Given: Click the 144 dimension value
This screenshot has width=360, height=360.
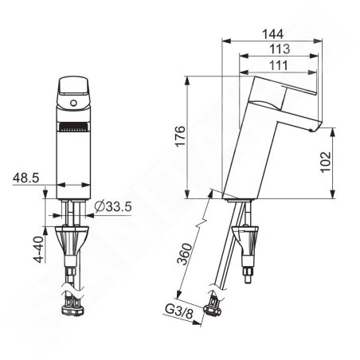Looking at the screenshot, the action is (x=272, y=34).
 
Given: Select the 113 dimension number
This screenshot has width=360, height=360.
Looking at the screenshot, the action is (x=280, y=49).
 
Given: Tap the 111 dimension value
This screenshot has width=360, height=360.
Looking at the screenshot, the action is (x=279, y=65).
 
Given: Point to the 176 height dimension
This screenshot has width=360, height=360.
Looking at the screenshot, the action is (x=181, y=135).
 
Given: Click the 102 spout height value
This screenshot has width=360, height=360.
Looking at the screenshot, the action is (x=326, y=162).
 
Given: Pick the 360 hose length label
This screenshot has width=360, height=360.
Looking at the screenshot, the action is (x=185, y=254).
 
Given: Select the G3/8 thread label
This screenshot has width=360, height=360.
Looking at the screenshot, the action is (x=179, y=311).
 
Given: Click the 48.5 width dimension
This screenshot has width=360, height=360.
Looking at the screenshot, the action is (x=26, y=178).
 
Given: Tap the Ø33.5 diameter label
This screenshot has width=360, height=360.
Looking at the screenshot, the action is (x=113, y=206).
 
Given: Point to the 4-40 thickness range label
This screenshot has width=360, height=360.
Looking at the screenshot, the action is (x=39, y=249).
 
